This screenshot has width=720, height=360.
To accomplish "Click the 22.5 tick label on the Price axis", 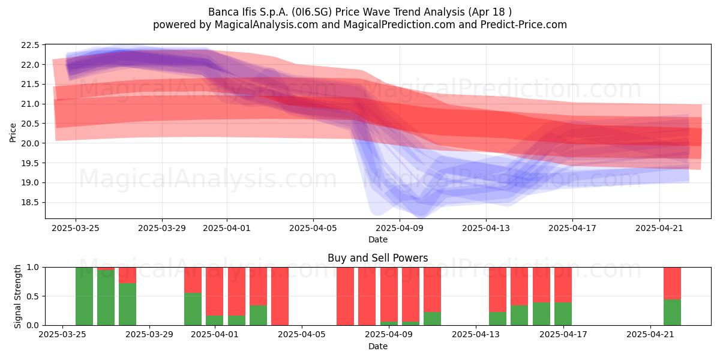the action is coord(30,45).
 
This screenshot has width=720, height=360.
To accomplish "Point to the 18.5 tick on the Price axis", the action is coord(30,203).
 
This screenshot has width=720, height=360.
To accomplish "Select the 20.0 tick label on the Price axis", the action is coord(30,143).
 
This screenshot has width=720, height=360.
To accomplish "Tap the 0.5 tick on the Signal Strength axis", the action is coord(33,296).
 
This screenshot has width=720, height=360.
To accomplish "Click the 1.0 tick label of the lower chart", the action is coord(33,267).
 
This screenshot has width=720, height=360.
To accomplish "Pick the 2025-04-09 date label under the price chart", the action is coord(400,228).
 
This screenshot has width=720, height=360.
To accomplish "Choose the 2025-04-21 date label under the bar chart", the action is coord(650,335).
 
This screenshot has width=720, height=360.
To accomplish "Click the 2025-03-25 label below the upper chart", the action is coord(76,228).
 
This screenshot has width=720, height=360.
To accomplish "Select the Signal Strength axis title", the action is coord(17,296).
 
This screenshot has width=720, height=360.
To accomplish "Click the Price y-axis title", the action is coord(13,133).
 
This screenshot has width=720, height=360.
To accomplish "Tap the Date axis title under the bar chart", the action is coord(378,346).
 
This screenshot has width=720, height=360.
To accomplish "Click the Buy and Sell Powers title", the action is coord(378,258).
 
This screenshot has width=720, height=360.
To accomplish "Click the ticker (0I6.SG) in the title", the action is coord(311,12).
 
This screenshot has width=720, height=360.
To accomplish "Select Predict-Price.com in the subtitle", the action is coord(524,25).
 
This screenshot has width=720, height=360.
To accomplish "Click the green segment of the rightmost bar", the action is coord(673,313).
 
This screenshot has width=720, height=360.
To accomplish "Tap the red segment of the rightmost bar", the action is coord(673,283).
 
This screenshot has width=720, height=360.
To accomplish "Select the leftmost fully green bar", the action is coord(84,296).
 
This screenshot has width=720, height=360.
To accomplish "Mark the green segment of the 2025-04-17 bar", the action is coord(563,314).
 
